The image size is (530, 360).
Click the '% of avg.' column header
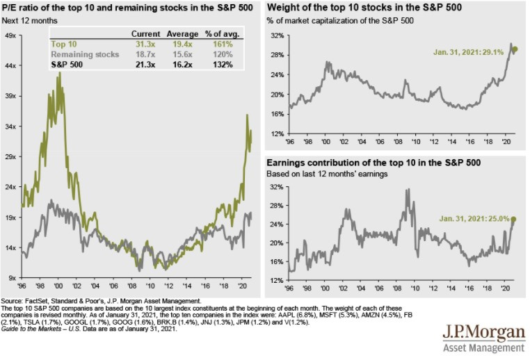pos(218,33)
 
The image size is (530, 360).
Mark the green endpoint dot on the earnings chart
pos(514,220)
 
